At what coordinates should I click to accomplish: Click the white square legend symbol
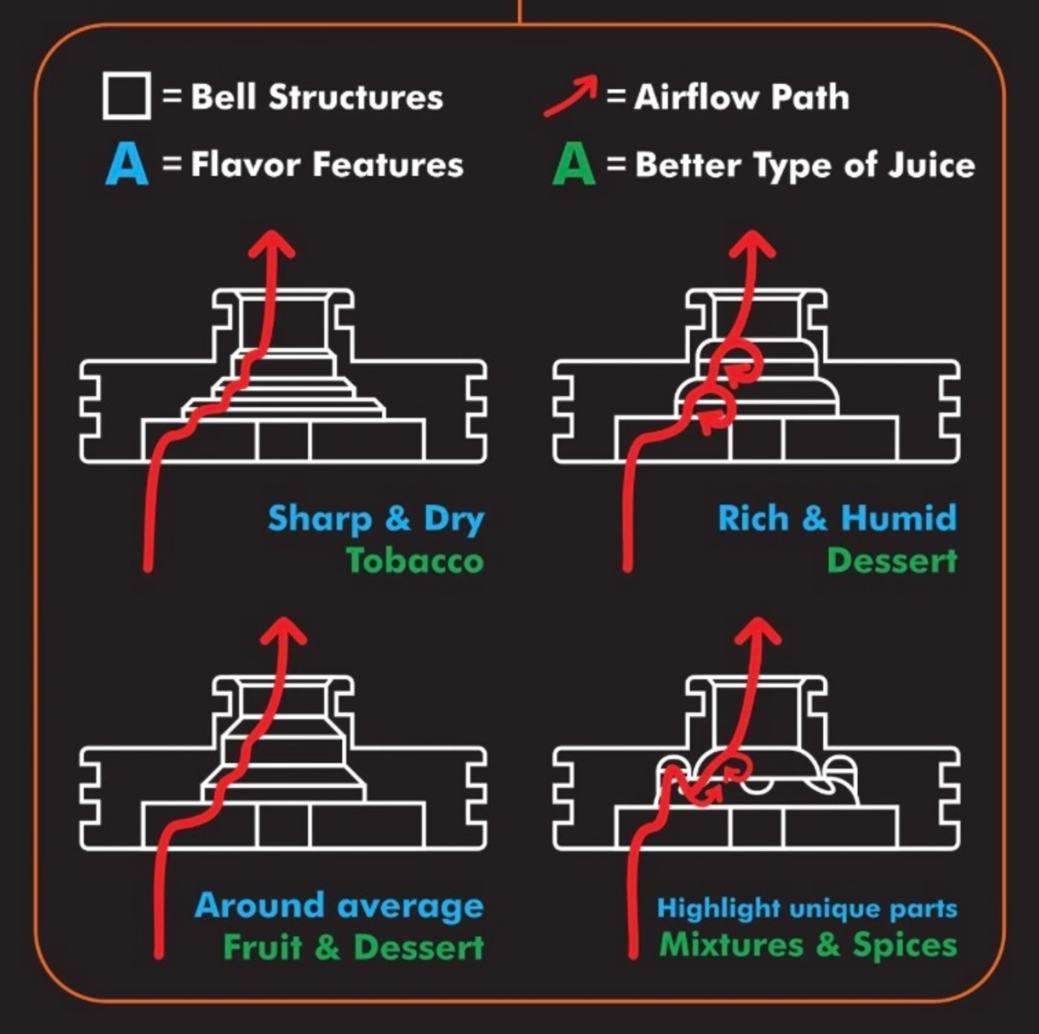pos(127,96)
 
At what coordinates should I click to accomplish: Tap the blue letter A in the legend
pos(127,165)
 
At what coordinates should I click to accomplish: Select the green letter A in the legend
pos(574,165)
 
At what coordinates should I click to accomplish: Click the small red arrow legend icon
pos(571,96)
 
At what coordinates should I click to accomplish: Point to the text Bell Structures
pos(317,97)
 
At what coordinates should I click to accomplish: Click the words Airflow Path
pos(741,97)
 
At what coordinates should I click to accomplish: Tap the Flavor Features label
pos(327,165)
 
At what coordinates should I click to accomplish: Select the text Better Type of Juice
pos(804,165)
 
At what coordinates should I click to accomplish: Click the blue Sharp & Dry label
pos(376,519)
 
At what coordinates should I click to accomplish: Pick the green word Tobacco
pos(415,560)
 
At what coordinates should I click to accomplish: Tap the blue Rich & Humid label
pos(837,518)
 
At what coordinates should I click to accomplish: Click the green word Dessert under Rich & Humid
pos(892,560)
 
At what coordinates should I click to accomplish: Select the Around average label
pos(339,906)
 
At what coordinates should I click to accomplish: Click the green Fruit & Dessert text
pos(354,947)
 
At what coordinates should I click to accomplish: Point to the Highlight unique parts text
pos(807,908)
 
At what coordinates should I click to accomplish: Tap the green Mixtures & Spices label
pos(808,945)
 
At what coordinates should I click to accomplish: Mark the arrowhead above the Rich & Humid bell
pos(752,241)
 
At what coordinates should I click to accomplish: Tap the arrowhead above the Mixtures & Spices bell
pos(758,629)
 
